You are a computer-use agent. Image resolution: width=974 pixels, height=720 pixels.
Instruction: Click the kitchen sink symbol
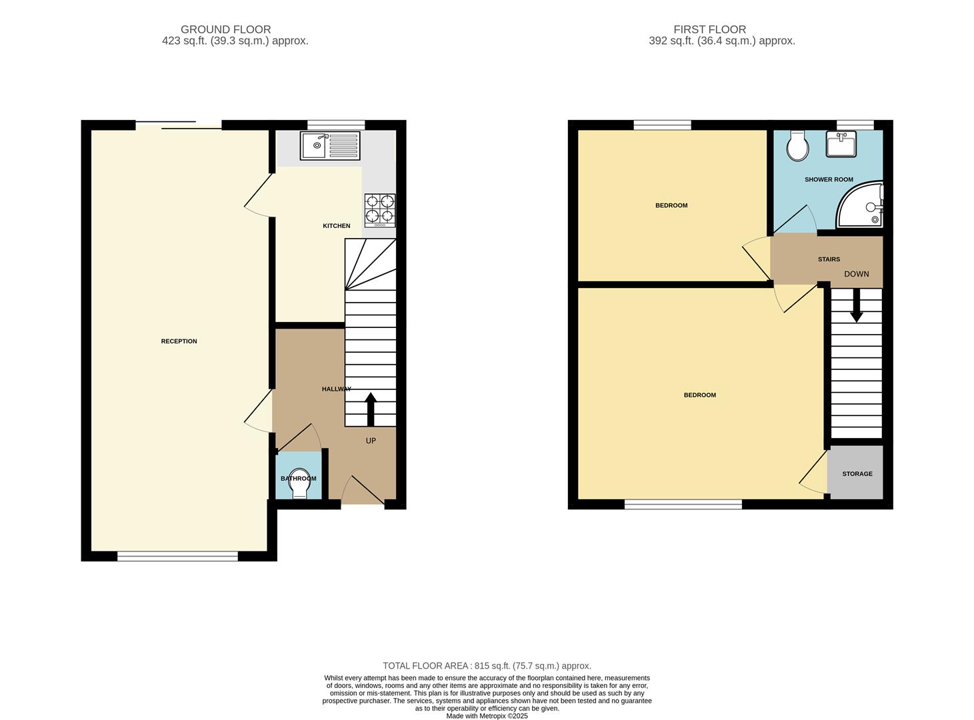coord(329,145)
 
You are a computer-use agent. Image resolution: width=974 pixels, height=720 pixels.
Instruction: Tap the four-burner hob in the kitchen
coord(379,210)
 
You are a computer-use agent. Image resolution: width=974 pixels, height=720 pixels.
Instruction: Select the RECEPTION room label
coord(179,341)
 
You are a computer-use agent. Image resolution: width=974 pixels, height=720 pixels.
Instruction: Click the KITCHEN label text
coord(336,226)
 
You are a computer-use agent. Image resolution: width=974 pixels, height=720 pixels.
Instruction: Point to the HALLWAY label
coord(336,389)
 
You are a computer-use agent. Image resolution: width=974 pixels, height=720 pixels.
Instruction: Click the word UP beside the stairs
coord(371,441)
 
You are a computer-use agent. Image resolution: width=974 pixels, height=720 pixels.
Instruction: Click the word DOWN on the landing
coord(856,274)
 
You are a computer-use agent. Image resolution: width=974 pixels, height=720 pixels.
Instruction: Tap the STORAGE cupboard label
coord(857,474)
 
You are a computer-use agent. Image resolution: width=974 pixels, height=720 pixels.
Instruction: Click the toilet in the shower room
coord(797,145)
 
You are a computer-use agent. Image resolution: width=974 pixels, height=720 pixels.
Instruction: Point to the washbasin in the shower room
coord(841,144)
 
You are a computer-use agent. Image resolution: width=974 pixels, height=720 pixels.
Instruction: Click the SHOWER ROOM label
coord(829,179)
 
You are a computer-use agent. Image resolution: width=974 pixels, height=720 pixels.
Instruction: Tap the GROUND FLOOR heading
coord(225,29)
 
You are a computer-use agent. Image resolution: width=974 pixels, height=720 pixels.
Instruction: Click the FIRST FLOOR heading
coord(709,29)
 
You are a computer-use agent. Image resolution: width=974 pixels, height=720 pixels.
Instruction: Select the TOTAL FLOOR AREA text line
coord(487,665)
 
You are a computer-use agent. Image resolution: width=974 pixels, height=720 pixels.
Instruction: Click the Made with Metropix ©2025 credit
coord(487,716)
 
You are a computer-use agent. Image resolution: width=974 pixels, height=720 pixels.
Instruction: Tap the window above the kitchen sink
coord(336,124)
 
